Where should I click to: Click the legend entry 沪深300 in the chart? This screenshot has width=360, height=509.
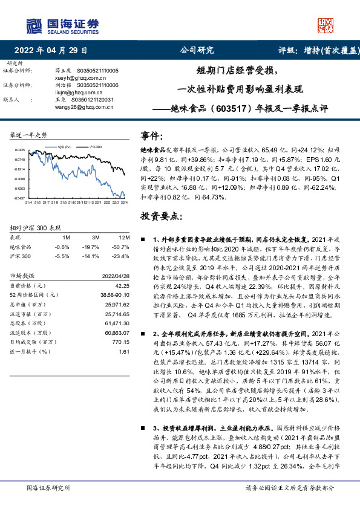click(x=95, y=146)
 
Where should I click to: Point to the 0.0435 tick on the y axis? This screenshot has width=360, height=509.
click(x=20, y=149)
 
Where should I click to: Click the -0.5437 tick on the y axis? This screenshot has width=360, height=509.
click(x=19, y=198)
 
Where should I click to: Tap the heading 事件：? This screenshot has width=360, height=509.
click(x=152, y=137)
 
